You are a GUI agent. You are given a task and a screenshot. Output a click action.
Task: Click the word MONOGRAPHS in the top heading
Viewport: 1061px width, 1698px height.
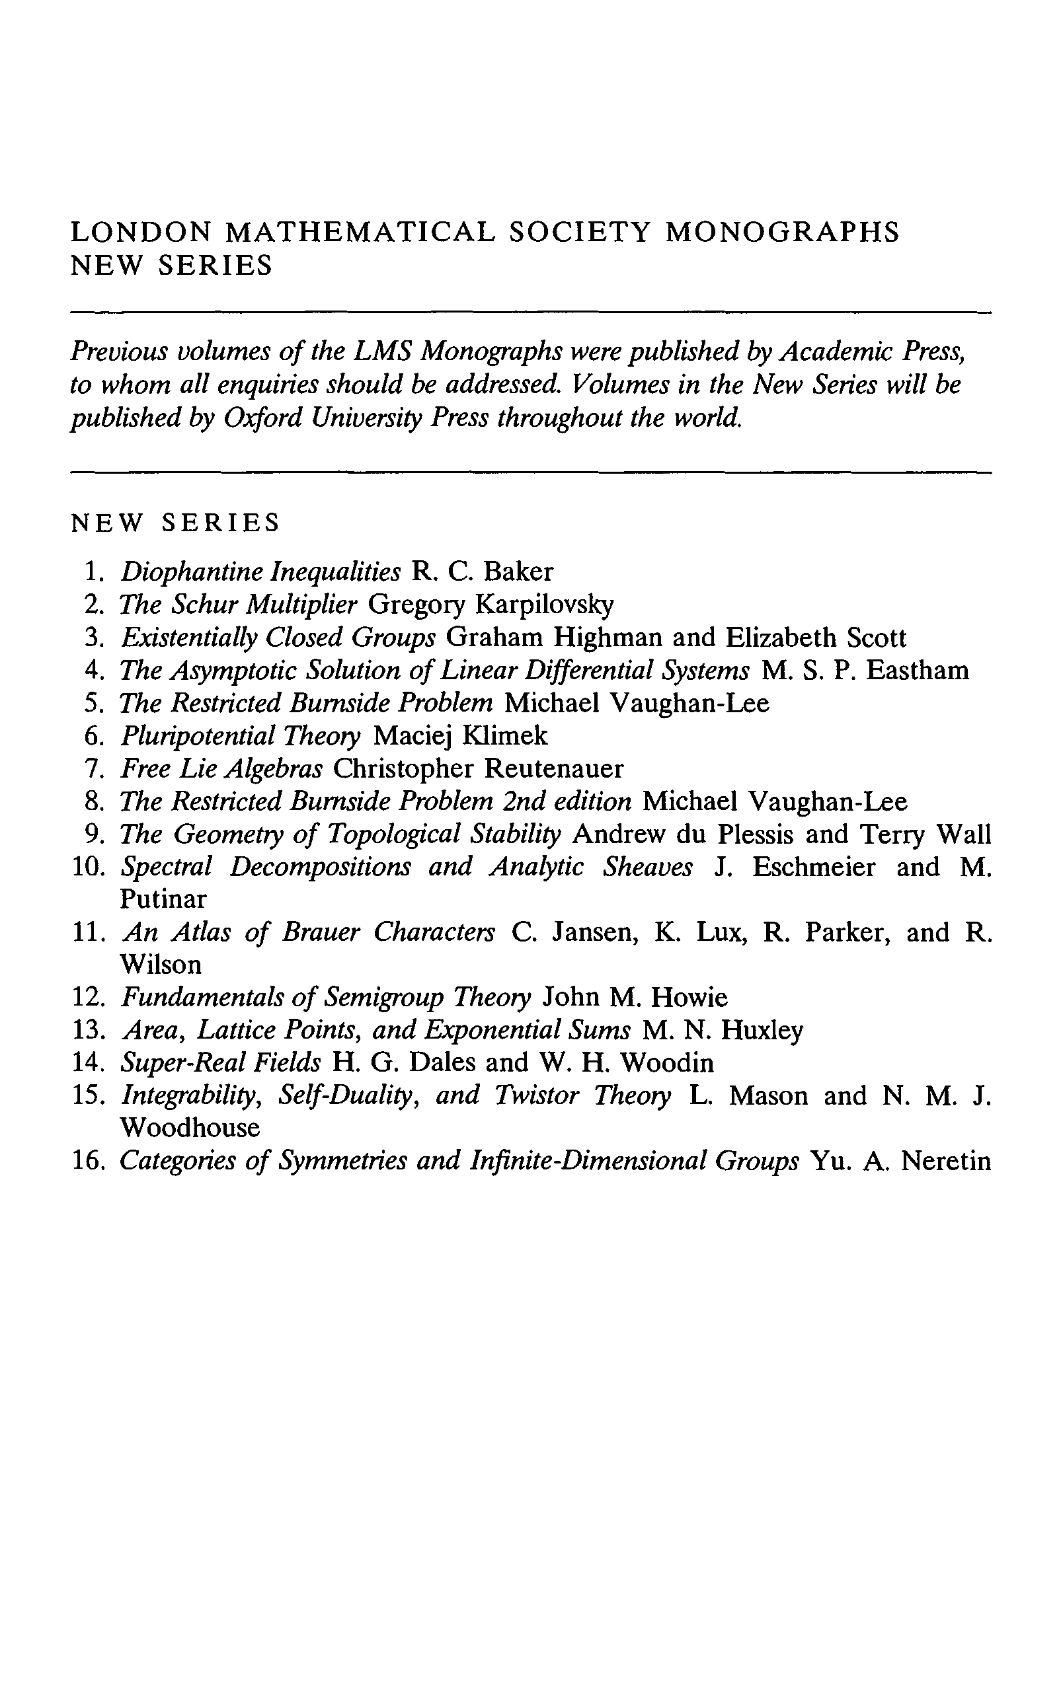(x=782, y=232)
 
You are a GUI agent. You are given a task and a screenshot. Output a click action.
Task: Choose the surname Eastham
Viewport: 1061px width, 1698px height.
(x=918, y=671)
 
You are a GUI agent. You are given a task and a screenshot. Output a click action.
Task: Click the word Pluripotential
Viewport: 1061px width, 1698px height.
(x=197, y=736)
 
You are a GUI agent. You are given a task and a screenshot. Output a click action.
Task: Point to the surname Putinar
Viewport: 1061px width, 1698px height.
(x=163, y=899)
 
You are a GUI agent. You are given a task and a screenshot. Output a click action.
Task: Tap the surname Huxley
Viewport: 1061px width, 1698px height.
(x=762, y=1030)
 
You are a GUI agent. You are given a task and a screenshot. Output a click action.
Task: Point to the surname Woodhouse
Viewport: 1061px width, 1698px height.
(x=190, y=1128)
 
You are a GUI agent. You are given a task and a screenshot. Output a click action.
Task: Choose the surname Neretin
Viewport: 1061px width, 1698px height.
(x=946, y=1161)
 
